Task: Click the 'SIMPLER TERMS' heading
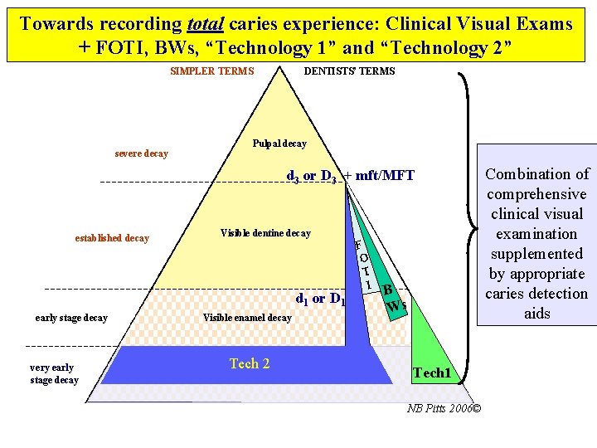[x=212, y=71]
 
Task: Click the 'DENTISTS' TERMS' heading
[x=349, y=71]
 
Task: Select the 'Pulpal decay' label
[x=279, y=144]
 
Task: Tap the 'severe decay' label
[x=141, y=153]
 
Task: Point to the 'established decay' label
[x=112, y=238]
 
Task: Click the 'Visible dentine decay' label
[x=265, y=233]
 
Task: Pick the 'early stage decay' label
[x=71, y=318]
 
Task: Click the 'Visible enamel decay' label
[x=247, y=318]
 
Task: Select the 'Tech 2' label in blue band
[x=249, y=363]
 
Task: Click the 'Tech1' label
[x=433, y=373]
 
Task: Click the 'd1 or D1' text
[x=320, y=299]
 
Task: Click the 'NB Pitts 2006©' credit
[x=444, y=408]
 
